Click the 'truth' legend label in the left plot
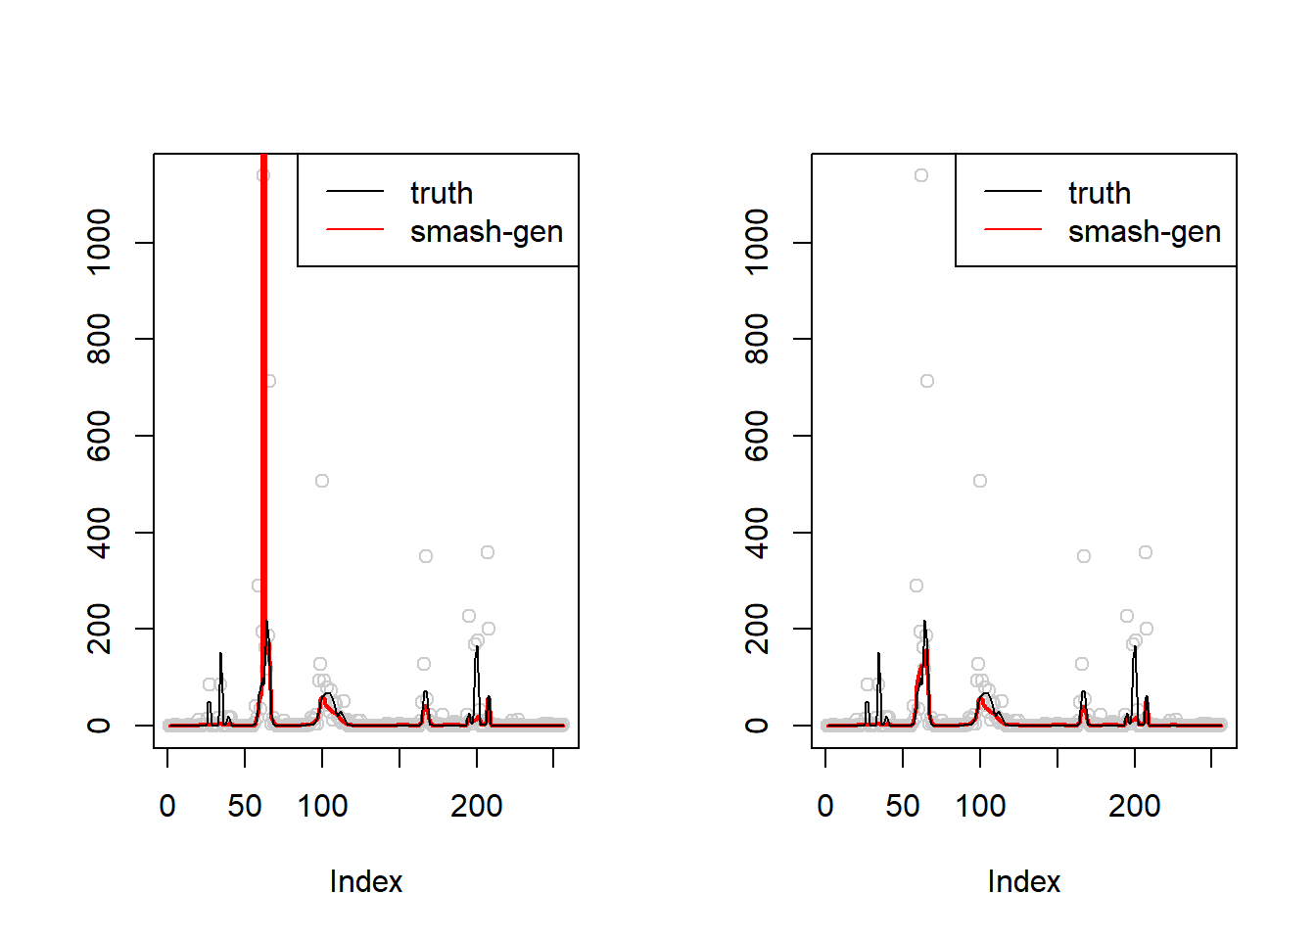point(442,193)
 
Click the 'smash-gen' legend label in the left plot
point(487,232)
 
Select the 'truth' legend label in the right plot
point(1100,193)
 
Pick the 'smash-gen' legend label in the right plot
point(1145,232)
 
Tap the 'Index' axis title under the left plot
point(366,881)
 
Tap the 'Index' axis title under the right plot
point(1024,881)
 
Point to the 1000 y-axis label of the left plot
point(99,242)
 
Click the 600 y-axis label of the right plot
point(757,435)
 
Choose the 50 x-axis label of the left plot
point(245,806)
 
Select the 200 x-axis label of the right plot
point(1135,806)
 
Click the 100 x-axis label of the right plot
point(980,806)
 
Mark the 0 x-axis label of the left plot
point(167,806)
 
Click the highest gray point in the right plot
point(921,175)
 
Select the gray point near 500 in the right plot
point(980,481)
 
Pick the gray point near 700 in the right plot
point(927,381)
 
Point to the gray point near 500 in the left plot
point(322,481)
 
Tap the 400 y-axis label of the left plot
point(99,532)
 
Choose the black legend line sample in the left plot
point(354,191)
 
